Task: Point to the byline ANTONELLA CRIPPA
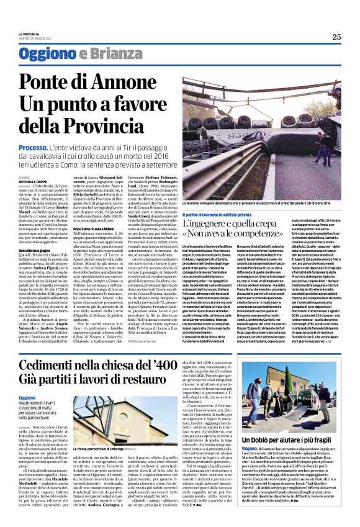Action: pyautogui.click(x=32, y=181)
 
